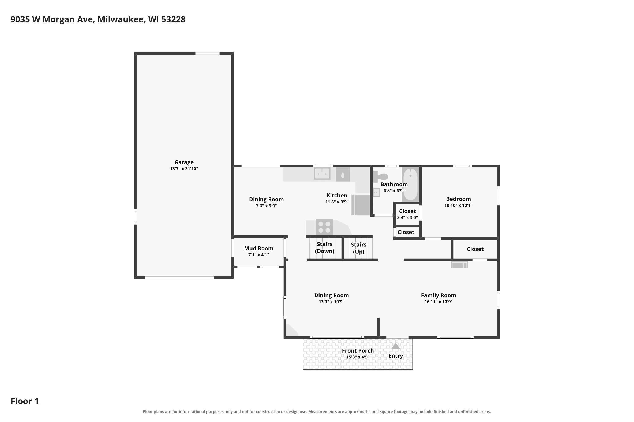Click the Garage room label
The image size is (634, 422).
coord(184,162)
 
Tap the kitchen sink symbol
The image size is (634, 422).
coord(322,174)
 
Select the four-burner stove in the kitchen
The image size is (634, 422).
coord(324,227)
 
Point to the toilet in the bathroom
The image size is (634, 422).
coord(380,177)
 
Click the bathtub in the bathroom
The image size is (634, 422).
coord(410,184)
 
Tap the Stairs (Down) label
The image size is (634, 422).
coord(325,248)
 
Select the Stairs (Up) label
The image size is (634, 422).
coord(358,248)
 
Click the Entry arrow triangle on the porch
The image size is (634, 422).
coord(395,346)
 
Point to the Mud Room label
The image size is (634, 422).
coord(258,248)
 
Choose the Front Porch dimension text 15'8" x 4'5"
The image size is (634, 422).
coord(358,357)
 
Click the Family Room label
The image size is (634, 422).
coord(438,295)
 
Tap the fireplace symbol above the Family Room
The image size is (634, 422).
coord(459,265)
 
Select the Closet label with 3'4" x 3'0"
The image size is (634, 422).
coord(407,211)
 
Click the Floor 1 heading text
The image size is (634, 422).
coord(25,401)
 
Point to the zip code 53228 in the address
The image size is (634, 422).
coord(173,19)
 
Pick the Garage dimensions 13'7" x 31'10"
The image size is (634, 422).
coord(184,169)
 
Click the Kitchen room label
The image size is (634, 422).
coord(337,196)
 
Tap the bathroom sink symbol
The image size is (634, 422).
coord(376,192)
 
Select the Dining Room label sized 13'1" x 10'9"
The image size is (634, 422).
coord(331,295)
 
